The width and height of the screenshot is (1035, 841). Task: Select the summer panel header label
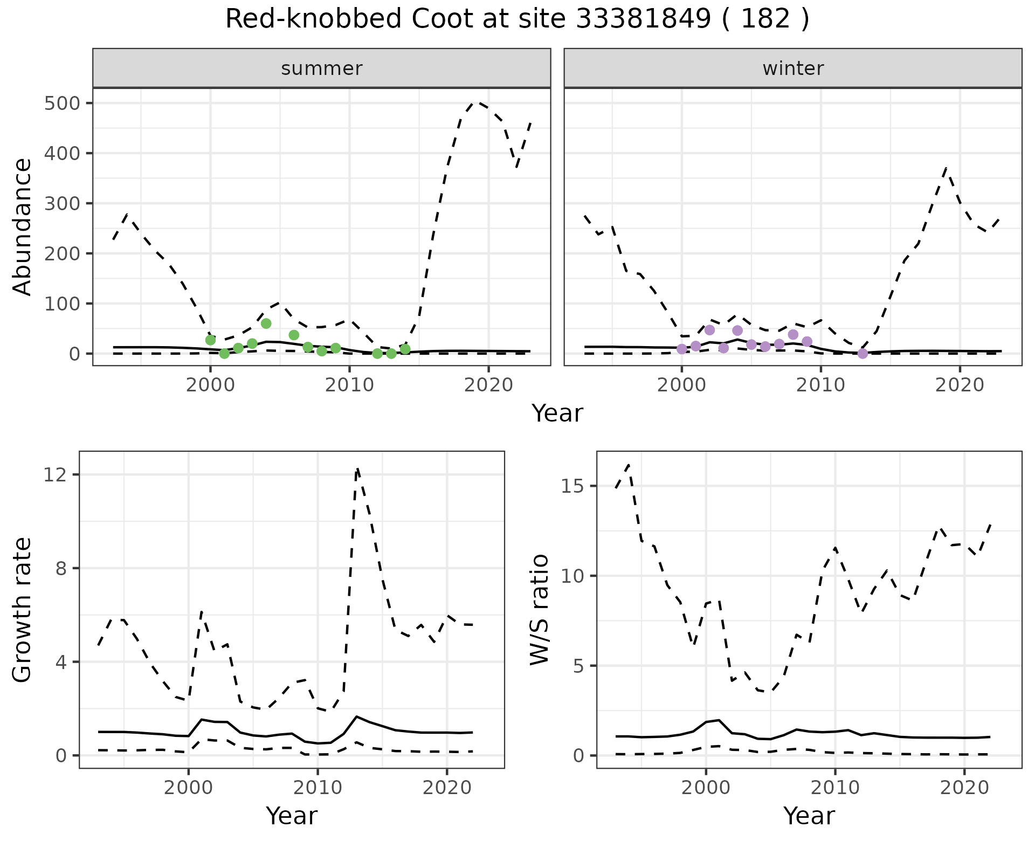(x=322, y=68)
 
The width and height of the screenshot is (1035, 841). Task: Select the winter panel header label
(x=793, y=68)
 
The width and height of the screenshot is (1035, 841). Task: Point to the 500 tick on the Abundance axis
(x=60, y=103)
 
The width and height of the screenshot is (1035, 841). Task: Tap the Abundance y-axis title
(x=22, y=227)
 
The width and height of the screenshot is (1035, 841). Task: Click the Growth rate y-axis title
(x=22, y=610)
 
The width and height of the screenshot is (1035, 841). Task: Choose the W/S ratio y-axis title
(x=539, y=610)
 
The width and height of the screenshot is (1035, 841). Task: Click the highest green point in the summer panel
(x=266, y=323)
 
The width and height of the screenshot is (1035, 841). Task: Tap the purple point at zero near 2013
(x=862, y=354)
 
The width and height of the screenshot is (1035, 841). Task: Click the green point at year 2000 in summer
(x=210, y=340)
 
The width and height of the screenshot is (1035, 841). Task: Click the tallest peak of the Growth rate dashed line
(x=357, y=469)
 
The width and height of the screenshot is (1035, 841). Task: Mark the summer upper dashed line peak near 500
(x=475, y=101)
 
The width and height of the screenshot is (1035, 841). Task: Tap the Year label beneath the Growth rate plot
(x=292, y=816)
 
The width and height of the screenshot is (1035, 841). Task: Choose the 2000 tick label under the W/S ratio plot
(x=705, y=788)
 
